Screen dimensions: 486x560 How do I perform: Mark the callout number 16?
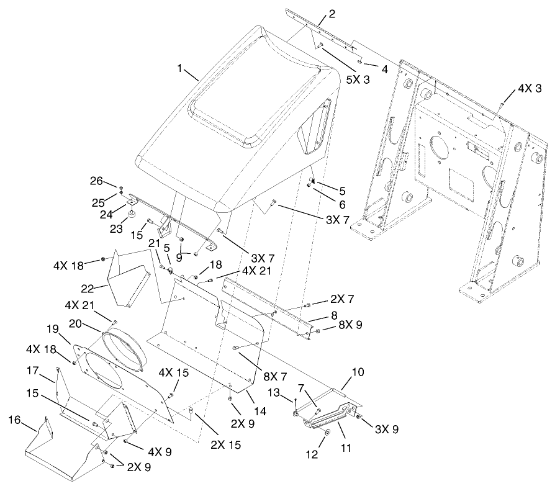(x=17, y=421)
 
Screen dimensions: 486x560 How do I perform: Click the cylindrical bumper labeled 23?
(x=132, y=215)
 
